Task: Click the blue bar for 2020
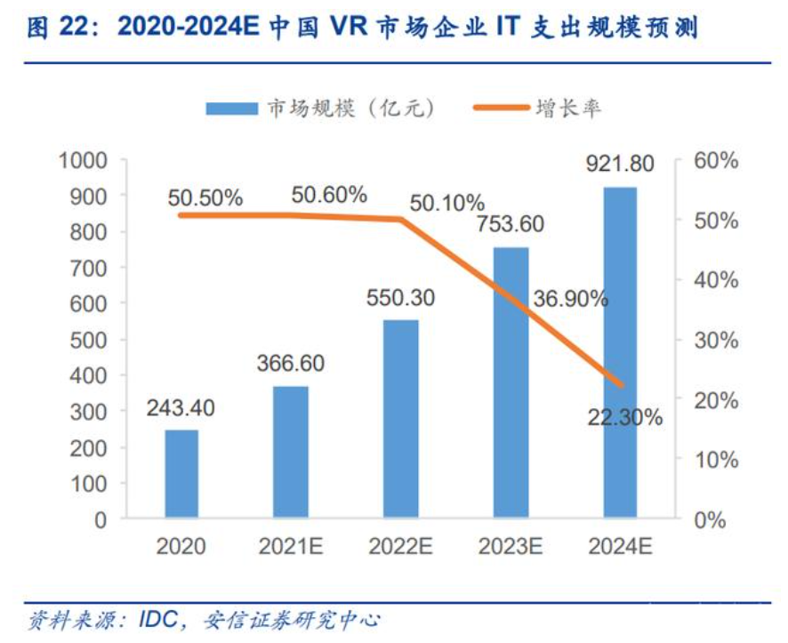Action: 181,473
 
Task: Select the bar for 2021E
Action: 291,451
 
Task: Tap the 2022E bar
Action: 401,418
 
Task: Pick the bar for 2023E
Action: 511,382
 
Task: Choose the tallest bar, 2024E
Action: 620,352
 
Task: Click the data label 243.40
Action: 181,408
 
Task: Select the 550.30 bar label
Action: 401,298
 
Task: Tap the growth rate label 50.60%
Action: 329,195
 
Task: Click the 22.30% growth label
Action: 625,416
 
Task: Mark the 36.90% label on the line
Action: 570,299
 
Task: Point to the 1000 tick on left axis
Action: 82,160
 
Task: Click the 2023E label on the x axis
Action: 511,546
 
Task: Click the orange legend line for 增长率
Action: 495,109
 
